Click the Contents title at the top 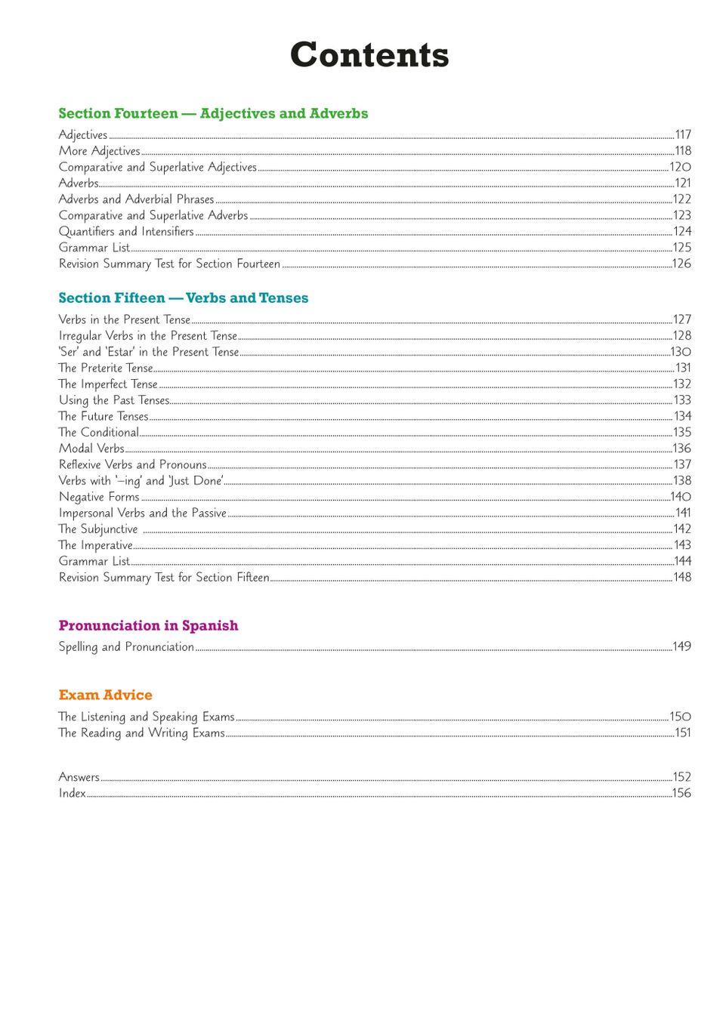coord(369,55)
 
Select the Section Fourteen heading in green coord(213,113)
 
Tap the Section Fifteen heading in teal coord(184,298)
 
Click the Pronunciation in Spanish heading coord(148,625)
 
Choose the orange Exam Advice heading coord(105,695)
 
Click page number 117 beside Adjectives coord(683,134)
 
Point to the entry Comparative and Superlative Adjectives coord(158,167)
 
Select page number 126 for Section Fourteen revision coord(681,264)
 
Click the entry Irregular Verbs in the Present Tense coord(148,335)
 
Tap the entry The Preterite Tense coord(106,368)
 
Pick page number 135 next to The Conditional coord(682,432)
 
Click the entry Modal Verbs coord(91,449)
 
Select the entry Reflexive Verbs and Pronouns coord(133,464)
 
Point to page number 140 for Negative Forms coord(681,496)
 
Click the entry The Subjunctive coord(98,529)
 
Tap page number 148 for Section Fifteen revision coord(682,577)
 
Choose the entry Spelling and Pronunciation coord(126,646)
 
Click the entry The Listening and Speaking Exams coord(147,717)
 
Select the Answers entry coord(79,777)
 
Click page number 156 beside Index coord(681,793)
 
